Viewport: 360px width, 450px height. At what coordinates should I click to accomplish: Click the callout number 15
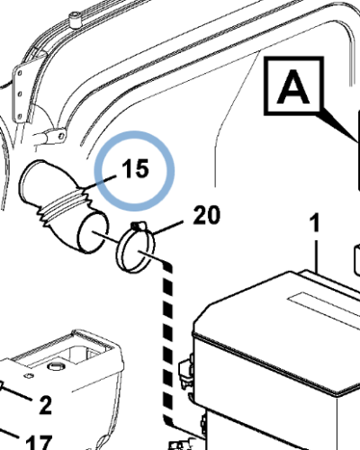(x=135, y=168)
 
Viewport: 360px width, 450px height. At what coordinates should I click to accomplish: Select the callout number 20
(x=207, y=215)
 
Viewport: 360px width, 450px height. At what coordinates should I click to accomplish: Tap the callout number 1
(x=315, y=222)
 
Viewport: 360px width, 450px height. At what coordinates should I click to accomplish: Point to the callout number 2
(x=46, y=405)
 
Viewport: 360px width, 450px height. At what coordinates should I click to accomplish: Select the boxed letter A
(x=293, y=86)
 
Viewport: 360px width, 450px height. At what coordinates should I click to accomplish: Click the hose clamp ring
(x=136, y=249)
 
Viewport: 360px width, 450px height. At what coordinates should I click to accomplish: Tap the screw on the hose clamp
(x=138, y=226)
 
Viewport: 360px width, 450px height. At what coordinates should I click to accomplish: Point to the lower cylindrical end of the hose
(x=92, y=233)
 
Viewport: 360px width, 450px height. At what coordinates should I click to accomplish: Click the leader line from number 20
(x=168, y=228)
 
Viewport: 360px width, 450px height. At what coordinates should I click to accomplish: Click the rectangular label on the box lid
(x=324, y=305)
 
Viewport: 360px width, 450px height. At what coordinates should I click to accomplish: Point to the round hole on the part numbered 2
(x=55, y=366)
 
